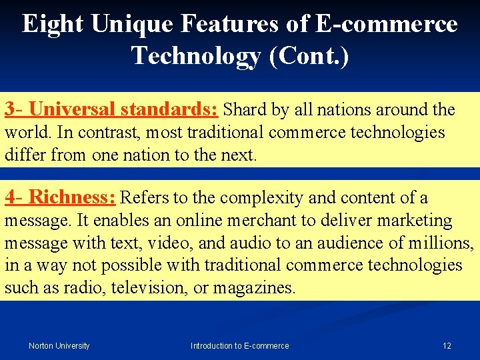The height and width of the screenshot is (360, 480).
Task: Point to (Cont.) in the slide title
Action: tap(307, 55)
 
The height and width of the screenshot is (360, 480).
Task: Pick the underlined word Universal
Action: tap(71, 109)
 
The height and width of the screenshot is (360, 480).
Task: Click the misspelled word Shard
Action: tap(245, 109)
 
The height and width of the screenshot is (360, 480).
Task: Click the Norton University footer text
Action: tap(59, 346)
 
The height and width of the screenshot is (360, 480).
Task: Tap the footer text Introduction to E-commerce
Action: tap(240, 346)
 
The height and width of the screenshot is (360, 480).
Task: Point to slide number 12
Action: tap(447, 346)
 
